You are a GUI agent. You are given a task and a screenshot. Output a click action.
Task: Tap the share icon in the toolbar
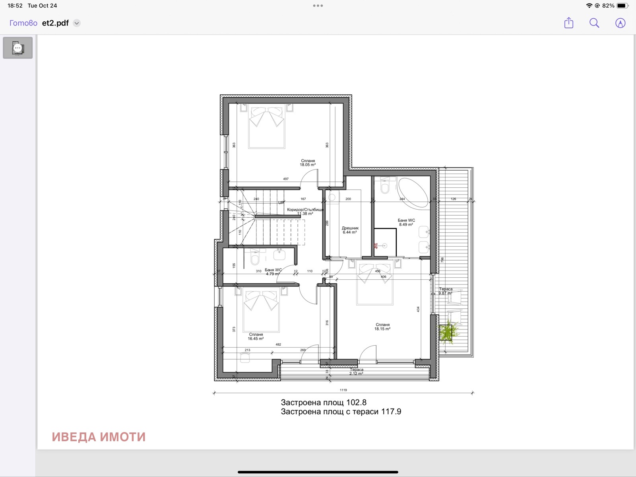click(569, 23)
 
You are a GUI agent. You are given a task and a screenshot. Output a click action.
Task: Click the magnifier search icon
click(594, 23)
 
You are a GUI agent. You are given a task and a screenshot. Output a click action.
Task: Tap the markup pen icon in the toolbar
click(620, 23)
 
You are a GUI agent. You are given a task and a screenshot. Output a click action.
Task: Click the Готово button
click(23, 23)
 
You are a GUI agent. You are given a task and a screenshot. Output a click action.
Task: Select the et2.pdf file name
click(56, 23)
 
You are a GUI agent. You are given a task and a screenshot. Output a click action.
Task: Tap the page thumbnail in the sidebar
click(18, 48)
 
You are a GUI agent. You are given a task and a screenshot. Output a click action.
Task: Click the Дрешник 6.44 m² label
click(350, 230)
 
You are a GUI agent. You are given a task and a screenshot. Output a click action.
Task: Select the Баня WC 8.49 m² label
click(406, 222)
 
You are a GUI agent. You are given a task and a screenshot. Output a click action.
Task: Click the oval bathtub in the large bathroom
click(413, 193)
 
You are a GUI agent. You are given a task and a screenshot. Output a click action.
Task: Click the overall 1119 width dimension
click(343, 390)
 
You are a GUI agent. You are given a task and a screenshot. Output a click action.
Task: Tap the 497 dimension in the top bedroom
click(286, 179)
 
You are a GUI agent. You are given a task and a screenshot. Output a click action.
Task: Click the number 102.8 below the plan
click(356, 403)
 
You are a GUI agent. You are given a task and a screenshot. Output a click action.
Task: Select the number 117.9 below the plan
click(391, 412)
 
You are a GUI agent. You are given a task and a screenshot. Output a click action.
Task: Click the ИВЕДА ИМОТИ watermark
click(99, 437)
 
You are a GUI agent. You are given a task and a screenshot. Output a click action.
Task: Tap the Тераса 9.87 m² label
click(446, 291)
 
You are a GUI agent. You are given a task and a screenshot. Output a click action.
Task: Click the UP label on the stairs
click(281, 202)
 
